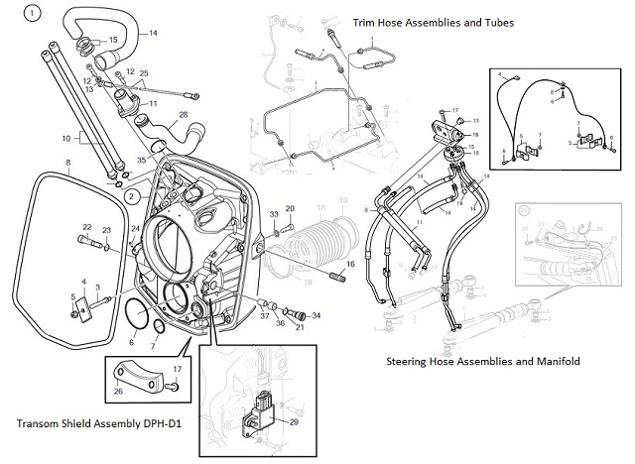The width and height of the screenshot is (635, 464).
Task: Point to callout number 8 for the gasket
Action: click(x=66, y=163)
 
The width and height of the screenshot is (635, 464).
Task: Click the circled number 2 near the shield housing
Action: click(x=130, y=196)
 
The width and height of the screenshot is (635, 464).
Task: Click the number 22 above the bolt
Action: click(x=86, y=227)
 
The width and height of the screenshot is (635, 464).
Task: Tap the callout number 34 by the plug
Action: click(x=316, y=315)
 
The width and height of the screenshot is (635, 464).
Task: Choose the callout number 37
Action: click(x=265, y=317)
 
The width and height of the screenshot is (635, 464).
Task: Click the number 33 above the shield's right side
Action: click(x=274, y=214)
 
